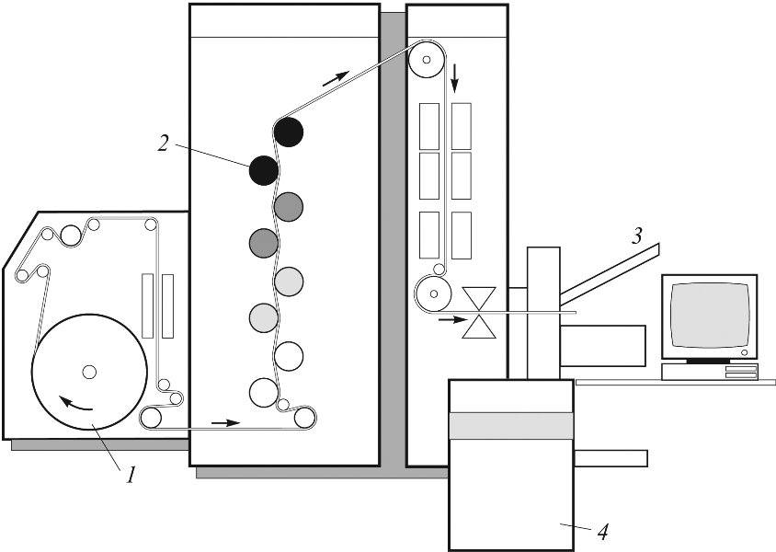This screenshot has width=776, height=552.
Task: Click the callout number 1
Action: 130,475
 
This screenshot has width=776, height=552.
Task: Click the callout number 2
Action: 164,143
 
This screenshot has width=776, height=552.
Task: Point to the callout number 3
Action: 636,236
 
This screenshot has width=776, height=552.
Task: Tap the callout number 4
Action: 602,532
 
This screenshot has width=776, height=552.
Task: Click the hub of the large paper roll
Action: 89,372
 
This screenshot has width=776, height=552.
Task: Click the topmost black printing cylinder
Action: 289,132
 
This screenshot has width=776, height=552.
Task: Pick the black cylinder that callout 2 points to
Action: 264,170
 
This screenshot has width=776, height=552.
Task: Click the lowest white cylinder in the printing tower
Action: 264,393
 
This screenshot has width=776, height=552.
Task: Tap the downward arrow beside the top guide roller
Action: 455,77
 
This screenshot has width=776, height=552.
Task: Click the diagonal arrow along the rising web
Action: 336,78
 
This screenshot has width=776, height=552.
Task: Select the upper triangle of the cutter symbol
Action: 479,298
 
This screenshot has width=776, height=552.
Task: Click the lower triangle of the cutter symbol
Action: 479,327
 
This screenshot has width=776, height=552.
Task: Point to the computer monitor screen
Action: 709,315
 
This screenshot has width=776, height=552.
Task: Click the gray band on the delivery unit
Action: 510,425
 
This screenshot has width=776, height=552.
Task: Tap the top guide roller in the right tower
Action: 426,60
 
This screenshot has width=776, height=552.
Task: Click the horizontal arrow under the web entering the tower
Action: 225,423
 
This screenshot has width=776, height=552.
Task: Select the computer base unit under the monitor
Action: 710,372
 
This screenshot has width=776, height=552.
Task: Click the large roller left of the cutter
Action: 433,294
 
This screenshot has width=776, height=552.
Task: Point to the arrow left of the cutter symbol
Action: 453,320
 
